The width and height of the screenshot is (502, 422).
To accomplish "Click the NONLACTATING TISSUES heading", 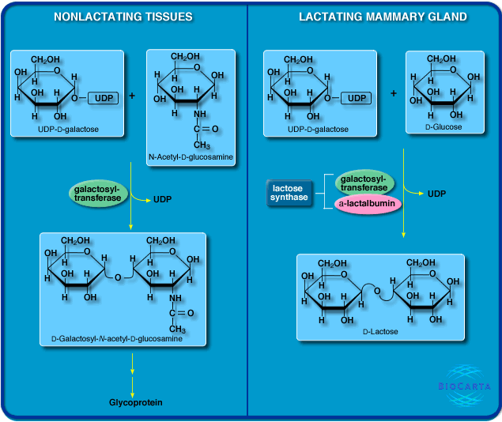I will pyautogui.click(x=123, y=17).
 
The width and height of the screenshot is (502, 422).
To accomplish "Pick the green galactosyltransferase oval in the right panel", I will pyautogui.click(x=365, y=183).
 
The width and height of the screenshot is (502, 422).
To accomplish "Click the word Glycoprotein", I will pyautogui.click(x=136, y=402).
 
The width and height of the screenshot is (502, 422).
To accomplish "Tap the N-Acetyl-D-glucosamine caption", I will pyautogui.click(x=191, y=157).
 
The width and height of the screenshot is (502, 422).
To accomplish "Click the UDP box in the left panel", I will pyautogui.click(x=102, y=98).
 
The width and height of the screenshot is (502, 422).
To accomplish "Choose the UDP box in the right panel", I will pyautogui.click(x=357, y=98).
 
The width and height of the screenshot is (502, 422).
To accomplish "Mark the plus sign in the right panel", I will pyautogui.click(x=394, y=93).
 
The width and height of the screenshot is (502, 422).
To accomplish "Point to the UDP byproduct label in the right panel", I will pyautogui.click(x=438, y=193).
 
